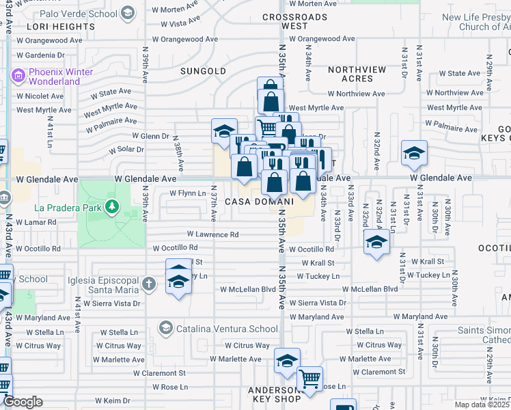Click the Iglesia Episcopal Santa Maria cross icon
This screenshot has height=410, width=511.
click(150, 282)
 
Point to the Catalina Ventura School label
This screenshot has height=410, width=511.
click(217, 329)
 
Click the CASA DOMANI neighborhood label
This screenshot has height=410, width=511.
click(259, 202)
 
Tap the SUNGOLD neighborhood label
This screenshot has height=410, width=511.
click(203, 70)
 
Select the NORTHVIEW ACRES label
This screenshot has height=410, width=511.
click(357, 74)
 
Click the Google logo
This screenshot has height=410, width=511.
click(23, 402)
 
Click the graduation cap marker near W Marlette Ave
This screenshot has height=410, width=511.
click(288, 360)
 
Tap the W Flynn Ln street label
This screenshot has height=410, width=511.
click(187, 193)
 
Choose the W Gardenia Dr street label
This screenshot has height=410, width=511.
click(41, 55)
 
